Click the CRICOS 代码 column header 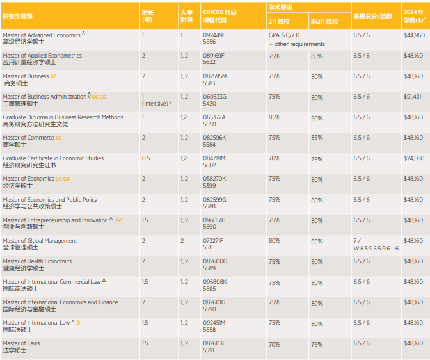pyautogui.click(x=219, y=12)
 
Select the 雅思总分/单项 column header pyautogui.click(x=372, y=16)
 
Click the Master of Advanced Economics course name pyautogui.click(x=42, y=35)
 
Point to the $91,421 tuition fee pyautogui.click(x=413, y=97)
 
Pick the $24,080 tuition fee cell pyautogui.click(x=413, y=158)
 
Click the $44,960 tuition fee pyautogui.click(x=413, y=35)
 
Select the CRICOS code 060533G pyautogui.click(x=214, y=97)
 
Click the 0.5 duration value pyautogui.click(x=146, y=158)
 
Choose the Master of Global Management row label pyautogui.click(x=40, y=241)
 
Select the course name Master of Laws pyautogui.click(x=21, y=343)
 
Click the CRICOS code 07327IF pyautogui.click(x=212, y=241)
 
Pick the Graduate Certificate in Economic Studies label pyautogui.click(x=53, y=158)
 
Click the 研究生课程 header pyautogui.click(x=18, y=16)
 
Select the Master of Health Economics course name pyautogui.click(x=37, y=261)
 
